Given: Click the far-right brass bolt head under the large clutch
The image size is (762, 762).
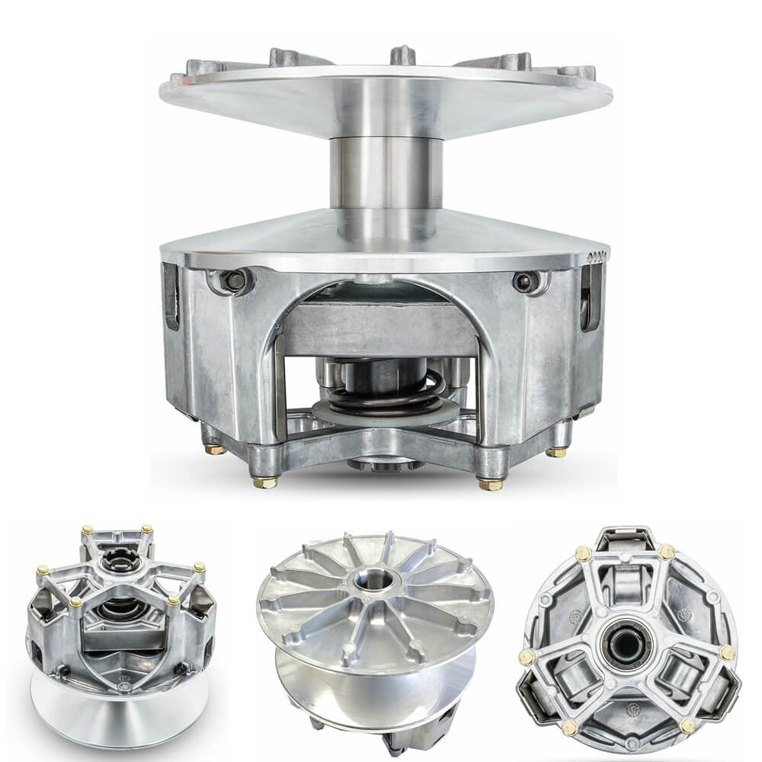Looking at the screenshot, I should click(556, 451).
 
